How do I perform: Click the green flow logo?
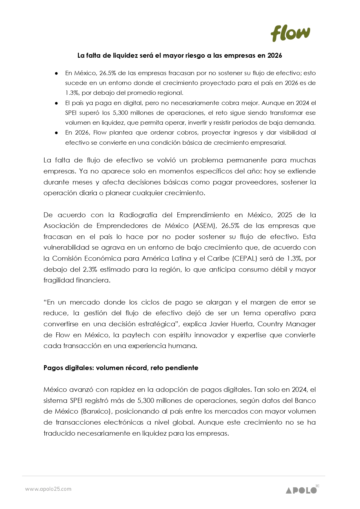click(290, 33)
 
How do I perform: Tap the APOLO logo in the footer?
click(301, 490)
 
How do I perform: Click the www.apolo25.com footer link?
click(48, 489)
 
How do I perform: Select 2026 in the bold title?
click(274, 55)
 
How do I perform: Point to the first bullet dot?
click(57, 73)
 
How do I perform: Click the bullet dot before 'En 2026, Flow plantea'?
click(57, 133)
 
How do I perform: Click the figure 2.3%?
click(90, 269)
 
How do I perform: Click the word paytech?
click(136, 335)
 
